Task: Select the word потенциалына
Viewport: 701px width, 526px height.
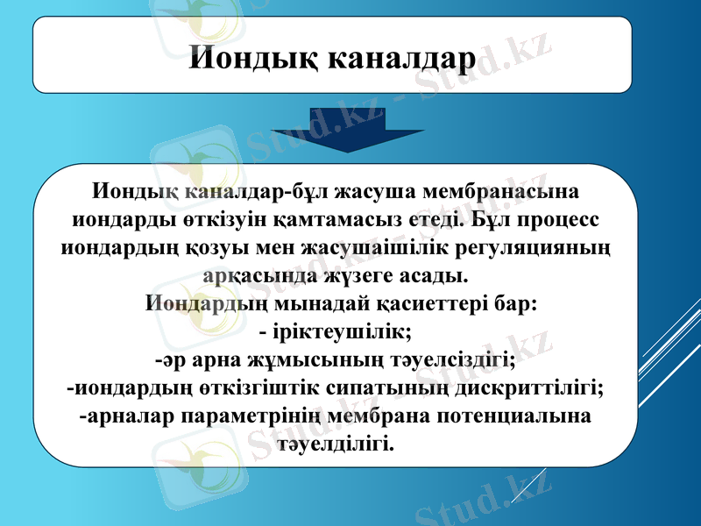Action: tap(513, 416)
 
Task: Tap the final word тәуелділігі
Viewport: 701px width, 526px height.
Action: tap(336, 444)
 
